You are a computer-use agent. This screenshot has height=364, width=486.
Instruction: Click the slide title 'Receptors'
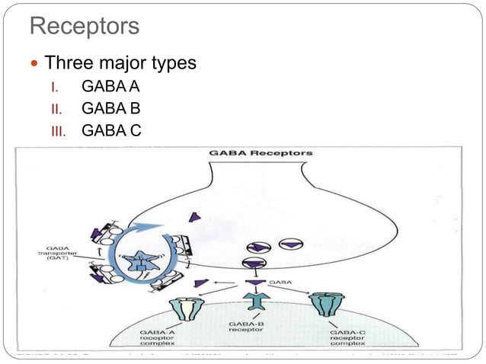[x=85, y=27]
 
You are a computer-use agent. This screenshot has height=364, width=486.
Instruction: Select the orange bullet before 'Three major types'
[x=34, y=62]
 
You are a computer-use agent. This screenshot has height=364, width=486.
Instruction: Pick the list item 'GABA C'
[x=111, y=130]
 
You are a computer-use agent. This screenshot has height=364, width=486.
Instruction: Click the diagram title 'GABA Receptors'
[x=261, y=153]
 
